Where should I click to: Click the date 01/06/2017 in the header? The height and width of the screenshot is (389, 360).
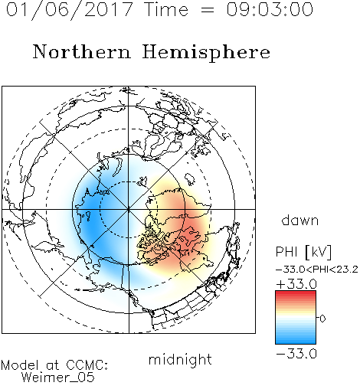click(x=70, y=9)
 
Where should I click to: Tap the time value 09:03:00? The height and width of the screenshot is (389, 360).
click(x=270, y=9)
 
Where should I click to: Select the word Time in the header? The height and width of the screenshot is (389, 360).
click(x=166, y=9)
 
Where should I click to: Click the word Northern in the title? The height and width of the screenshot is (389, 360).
click(x=82, y=52)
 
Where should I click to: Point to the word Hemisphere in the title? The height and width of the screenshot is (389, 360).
click(x=206, y=53)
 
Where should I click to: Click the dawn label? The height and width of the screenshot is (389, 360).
click(x=300, y=220)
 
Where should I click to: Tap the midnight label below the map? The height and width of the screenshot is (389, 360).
click(x=180, y=359)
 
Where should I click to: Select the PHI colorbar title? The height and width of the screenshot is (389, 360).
click(x=286, y=252)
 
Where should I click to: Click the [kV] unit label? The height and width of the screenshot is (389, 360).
click(x=319, y=252)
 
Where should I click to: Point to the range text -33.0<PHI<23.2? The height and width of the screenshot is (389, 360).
click(x=317, y=270)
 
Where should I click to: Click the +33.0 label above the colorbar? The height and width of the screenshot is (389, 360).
click(x=296, y=284)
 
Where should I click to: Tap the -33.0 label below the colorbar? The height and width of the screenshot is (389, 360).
click(x=296, y=354)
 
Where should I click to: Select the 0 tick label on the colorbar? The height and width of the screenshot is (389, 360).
click(x=322, y=319)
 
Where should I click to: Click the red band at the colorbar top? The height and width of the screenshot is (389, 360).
click(x=296, y=293)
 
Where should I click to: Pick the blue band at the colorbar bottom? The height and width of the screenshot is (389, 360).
click(x=296, y=341)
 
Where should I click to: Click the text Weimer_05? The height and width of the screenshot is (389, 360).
click(x=58, y=377)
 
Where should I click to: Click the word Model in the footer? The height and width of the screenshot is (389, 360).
click(x=20, y=365)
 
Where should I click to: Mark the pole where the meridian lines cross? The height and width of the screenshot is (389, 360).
click(x=129, y=209)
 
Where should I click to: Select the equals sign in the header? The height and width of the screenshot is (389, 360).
click(x=207, y=10)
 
